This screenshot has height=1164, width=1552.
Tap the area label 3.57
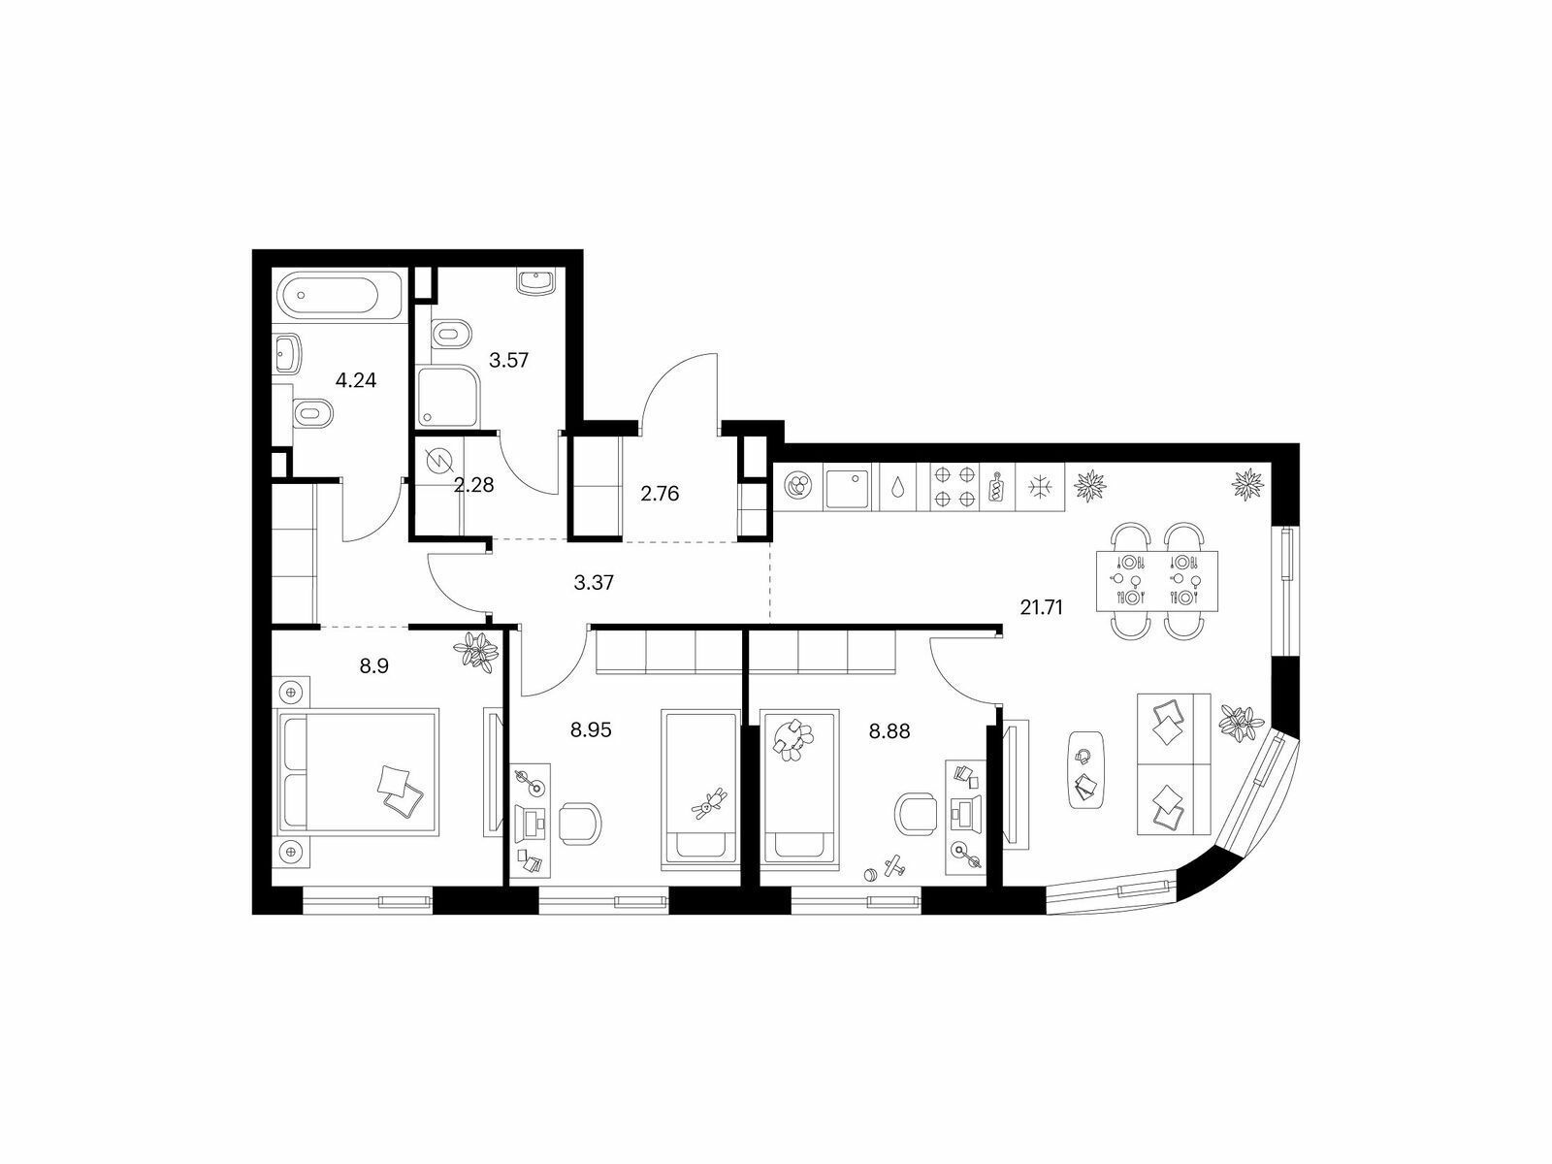509,361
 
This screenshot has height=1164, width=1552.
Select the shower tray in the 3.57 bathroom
447,396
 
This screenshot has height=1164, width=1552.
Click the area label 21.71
1042,607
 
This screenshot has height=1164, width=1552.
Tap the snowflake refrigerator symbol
1040,486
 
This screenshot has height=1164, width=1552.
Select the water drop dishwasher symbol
897,487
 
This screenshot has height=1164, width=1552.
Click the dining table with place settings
1157,581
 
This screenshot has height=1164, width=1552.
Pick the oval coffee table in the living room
1086,769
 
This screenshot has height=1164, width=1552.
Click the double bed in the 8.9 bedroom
359,772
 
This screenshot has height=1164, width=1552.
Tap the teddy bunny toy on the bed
708,803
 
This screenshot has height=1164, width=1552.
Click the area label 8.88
889,731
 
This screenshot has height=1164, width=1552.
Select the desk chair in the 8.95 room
580,823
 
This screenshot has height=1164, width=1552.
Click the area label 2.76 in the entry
660,494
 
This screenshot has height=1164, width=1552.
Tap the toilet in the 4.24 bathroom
311,413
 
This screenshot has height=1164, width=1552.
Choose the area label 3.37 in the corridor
594,583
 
